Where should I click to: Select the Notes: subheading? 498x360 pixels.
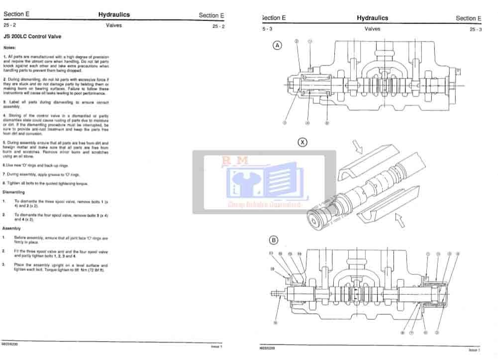click(10, 48)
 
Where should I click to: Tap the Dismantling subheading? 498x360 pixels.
click(14, 192)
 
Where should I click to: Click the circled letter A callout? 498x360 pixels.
click(278, 45)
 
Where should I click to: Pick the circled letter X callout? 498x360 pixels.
click(302, 142)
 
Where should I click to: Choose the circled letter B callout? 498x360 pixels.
click(274, 240)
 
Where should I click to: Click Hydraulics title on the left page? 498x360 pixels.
click(114, 15)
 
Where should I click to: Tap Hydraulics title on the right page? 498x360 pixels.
click(372, 18)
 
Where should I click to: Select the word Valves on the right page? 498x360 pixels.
click(372, 29)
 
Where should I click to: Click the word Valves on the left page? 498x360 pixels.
click(114, 26)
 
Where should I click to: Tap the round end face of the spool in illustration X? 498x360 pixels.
click(318, 220)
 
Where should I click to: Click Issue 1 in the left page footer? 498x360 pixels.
click(216, 346)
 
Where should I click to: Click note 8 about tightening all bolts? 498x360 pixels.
click(45, 183)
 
